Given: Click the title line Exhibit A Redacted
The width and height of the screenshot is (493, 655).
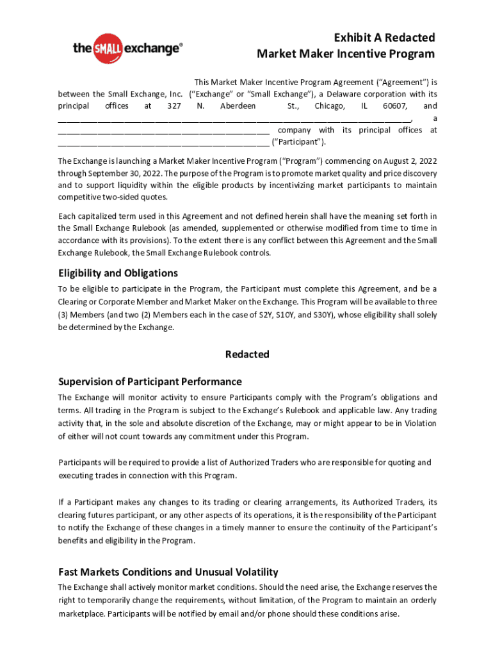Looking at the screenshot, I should (376, 38).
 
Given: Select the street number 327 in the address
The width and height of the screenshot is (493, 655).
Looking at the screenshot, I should (173, 106).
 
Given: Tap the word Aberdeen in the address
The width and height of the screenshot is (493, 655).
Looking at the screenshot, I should (238, 106).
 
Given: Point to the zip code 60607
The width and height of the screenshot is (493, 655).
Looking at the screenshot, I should (394, 106).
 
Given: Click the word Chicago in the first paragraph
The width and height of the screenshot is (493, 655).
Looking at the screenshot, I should (330, 106).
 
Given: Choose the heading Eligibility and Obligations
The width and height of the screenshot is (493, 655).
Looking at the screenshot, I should (118, 273).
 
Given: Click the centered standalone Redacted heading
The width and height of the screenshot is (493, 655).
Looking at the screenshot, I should (247, 354).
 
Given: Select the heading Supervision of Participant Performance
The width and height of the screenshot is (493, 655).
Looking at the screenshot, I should (150, 381).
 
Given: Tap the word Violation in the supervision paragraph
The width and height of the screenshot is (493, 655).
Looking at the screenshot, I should (418, 423).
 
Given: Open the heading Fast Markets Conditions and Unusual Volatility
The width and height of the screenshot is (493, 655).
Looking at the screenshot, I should (168, 571).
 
